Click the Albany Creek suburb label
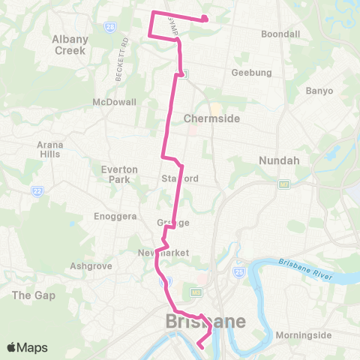pos(70,45)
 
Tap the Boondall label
pos(280,34)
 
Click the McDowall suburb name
pos(114,102)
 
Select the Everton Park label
pos(119,174)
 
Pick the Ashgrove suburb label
pos(89,265)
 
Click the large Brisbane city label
pos(205,322)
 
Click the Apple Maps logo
pos(27,348)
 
